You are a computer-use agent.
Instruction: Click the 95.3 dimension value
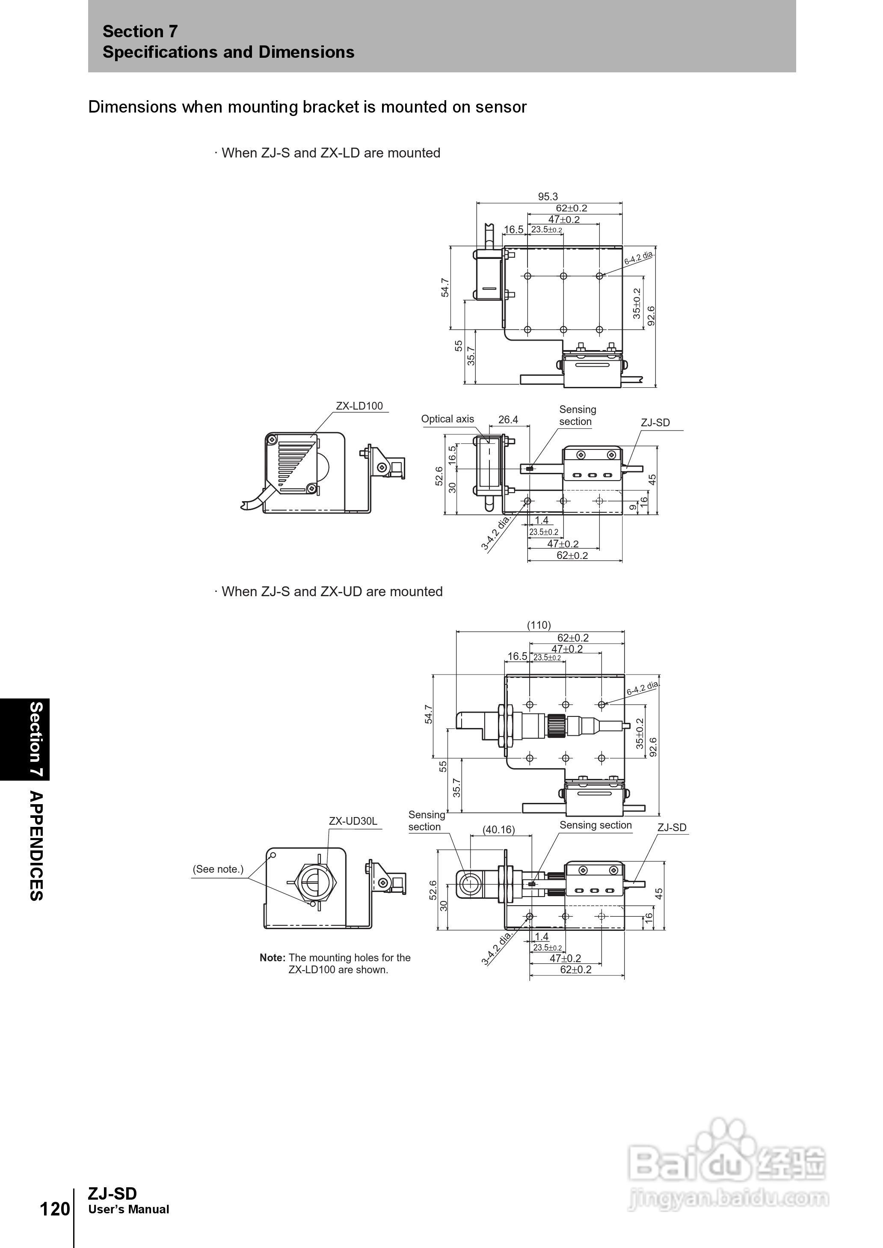pyautogui.click(x=548, y=196)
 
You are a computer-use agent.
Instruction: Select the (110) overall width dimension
pyautogui.click(x=539, y=625)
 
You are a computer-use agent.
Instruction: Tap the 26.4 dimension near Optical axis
pyautogui.click(x=508, y=419)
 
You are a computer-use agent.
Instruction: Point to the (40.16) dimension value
pyautogui.click(x=498, y=829)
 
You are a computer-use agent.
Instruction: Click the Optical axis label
pyautogui.click(x=447, y=419)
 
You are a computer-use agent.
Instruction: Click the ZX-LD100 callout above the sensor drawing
pyautogui.click(x=359, y=406)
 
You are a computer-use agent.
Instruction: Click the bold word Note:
pyautogui.click(x=273, y=958)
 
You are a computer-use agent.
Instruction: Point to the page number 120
pyautogui.click(x=55, y=1209)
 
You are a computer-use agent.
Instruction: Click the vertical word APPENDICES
pyautogui.click(x=36, y=846)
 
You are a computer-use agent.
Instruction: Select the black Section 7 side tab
pyautogui.click(x=24, y=740)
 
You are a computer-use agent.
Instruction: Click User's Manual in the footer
pyautogui.click(x=129, y=1210)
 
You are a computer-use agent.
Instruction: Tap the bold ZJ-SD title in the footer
pyautogui.click(x=113, y=1194)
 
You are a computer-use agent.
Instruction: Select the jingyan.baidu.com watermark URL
pyautogui.click(x=729, y=1198)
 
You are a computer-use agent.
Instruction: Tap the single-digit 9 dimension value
pyautogui.click(x=633, y=507)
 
